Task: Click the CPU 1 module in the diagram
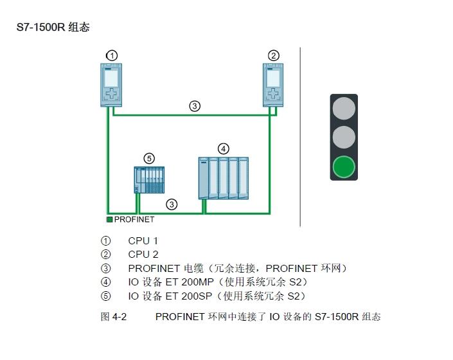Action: (112, 85)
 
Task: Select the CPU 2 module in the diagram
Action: (273, 85)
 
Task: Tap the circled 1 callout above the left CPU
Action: (112, 55)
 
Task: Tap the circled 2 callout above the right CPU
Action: (274, 55)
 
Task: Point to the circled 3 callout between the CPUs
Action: (195, 106)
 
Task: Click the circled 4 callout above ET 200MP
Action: (223, 148)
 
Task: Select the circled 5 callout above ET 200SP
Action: (149, 158)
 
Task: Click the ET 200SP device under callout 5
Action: (149, 179)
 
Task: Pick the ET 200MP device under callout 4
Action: (224, 177)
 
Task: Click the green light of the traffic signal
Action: (344, 167)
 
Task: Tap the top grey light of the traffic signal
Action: (344, 107)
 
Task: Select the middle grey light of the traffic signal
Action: (344, 137)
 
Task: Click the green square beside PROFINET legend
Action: (110, 219)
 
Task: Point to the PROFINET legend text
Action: (134, 219)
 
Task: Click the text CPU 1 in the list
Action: (143, 240)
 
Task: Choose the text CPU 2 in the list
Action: (143, 254)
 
